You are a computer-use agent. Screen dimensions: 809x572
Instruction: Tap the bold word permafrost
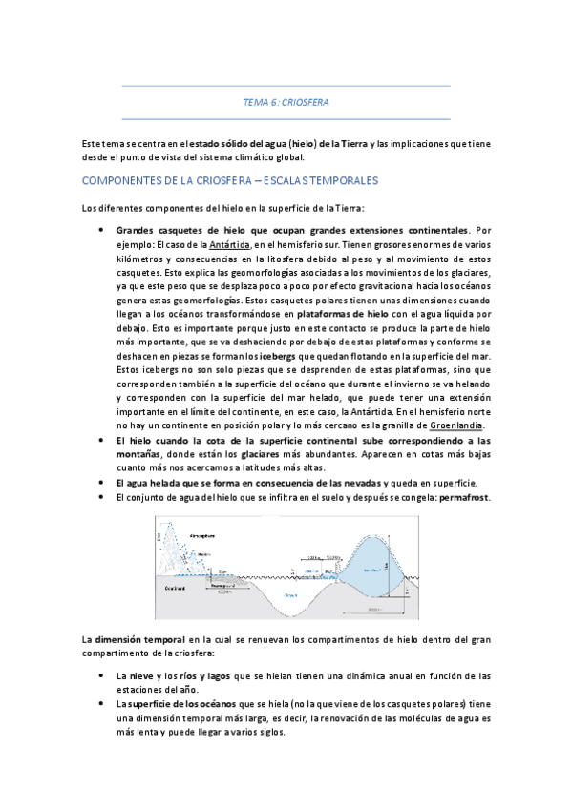[463, 498]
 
